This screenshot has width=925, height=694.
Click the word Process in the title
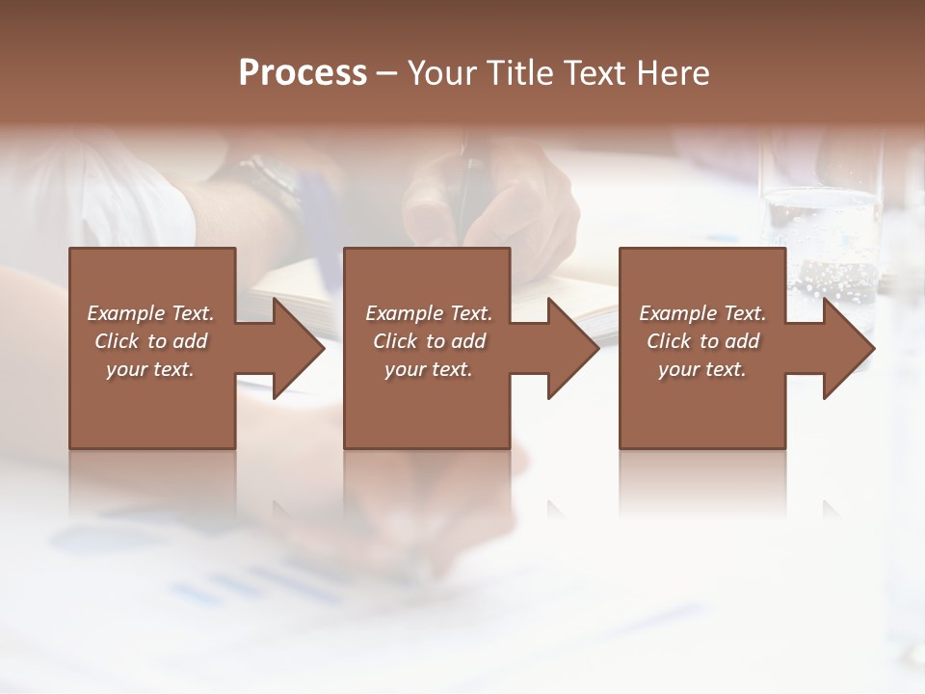[303, 73]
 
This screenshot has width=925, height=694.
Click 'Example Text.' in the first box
[150, 313]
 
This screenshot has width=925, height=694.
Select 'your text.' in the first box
[150, 369]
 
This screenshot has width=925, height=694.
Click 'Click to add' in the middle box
[429, 341]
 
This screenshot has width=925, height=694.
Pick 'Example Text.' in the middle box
[429, 313]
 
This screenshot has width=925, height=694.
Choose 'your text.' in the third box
[702, 369]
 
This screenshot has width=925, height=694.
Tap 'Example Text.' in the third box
[702, 313]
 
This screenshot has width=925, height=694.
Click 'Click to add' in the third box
[702, 341]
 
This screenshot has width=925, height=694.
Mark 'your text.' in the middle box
[429, 369]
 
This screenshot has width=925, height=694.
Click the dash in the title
[387, 73]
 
